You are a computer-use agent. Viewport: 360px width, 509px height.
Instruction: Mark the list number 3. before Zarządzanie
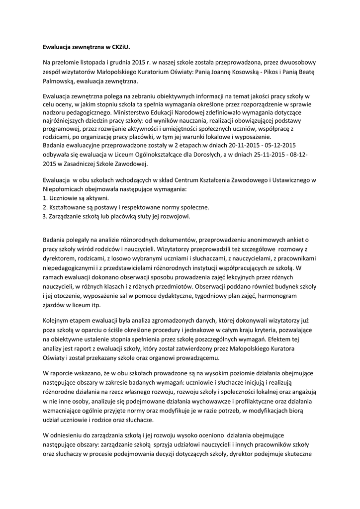click(x=45, y=216)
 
